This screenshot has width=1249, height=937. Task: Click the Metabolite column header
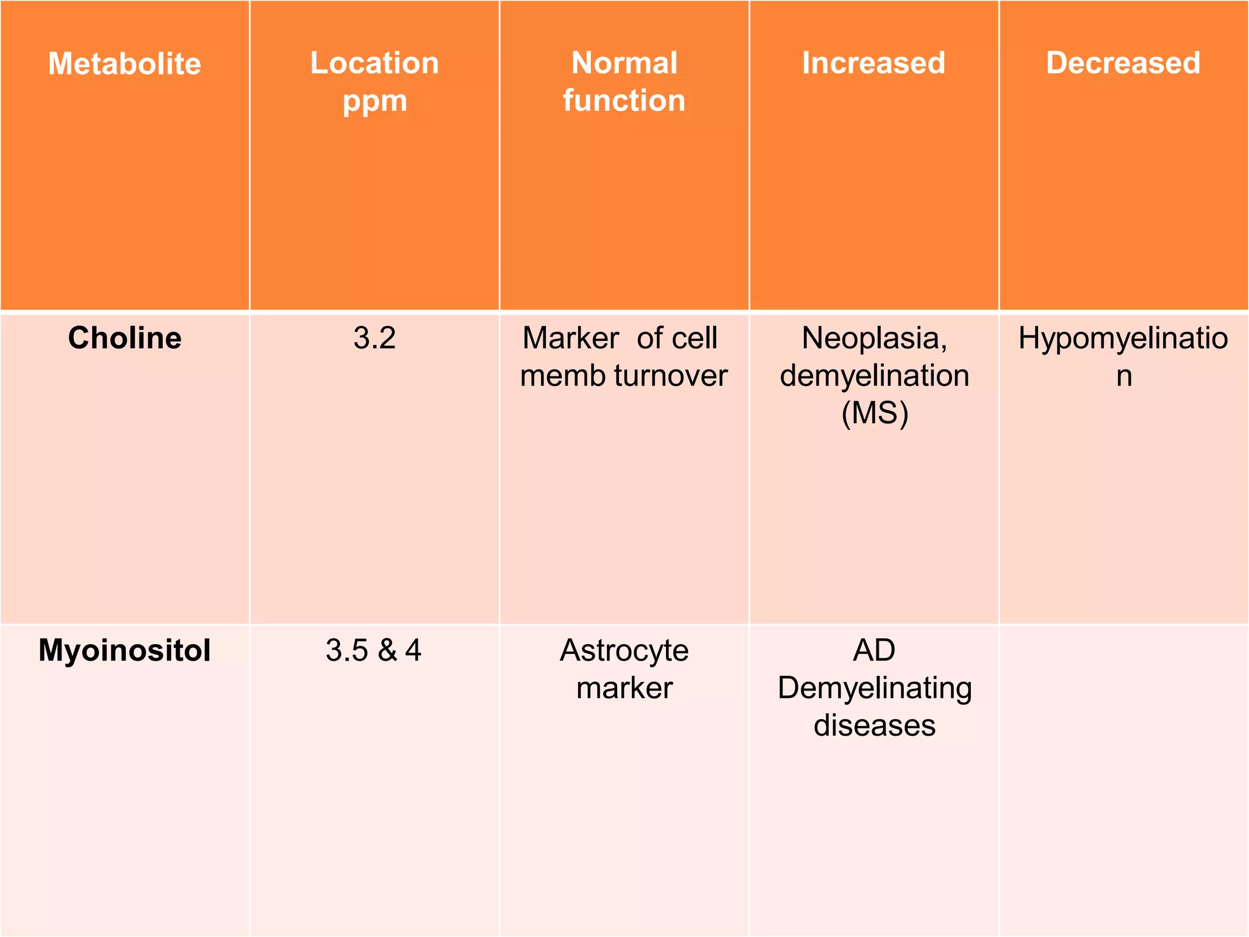(124, 63)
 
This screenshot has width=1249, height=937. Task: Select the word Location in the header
(374, 63)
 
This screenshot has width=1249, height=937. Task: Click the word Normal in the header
(624, 63)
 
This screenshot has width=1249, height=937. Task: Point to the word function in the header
(624, 100)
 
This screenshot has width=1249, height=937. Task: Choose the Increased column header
(873, 63)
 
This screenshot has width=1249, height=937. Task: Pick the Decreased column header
(1123, 63)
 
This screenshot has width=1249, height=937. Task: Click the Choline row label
(124, 338)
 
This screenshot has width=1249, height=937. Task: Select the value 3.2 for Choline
(374, 338)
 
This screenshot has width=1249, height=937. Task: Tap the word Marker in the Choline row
(570, 338)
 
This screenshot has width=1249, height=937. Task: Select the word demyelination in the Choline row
(875, 376)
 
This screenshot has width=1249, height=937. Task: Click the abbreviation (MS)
(875, 414)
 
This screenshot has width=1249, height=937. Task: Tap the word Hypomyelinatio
(1123, 339)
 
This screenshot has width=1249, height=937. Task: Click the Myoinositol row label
(124, 651)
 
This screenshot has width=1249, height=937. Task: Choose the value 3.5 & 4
(373, 650)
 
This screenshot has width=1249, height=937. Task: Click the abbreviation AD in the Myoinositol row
(874, 650)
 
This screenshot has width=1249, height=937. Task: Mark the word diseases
(875, 726)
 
